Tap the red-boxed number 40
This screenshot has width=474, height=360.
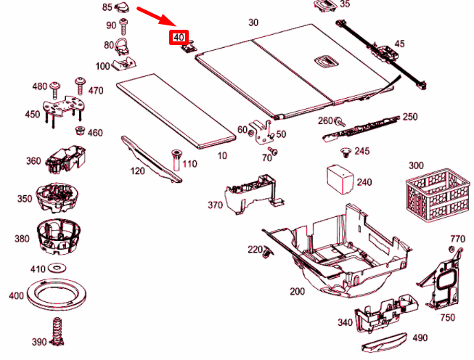click(x=179, y=37)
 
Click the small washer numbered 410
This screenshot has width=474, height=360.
click(x=59, y=269)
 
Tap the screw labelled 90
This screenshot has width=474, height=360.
click(x=125, y=26)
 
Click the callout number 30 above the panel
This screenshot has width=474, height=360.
click(x=253, y=22)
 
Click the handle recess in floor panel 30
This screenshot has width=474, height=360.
click(x=322, y=60)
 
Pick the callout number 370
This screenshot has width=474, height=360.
click(x=215, y=205)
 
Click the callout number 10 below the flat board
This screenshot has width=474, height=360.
click(x=222, y=155)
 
